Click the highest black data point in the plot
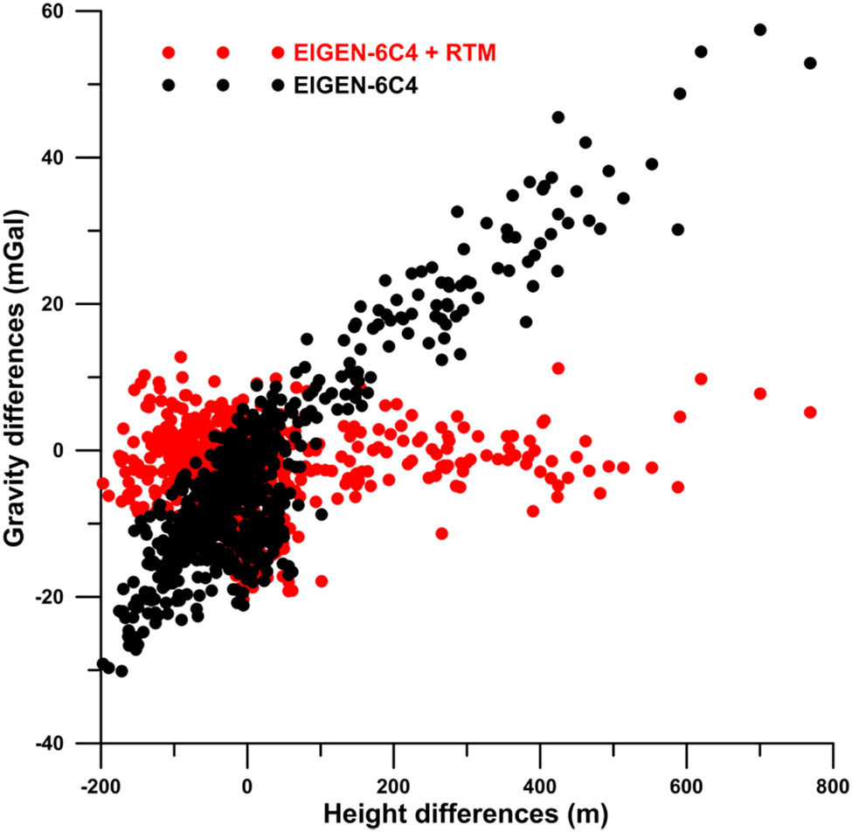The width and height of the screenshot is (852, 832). pos(759,30)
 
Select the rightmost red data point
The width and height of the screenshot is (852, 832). pos(810,412)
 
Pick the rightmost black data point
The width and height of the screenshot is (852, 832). pos(810,63)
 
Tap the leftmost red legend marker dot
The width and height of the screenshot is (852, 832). pos(169,53)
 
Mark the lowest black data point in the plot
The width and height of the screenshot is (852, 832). pos(121,671)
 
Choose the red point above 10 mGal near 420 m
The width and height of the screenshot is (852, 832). pos(558,368)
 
